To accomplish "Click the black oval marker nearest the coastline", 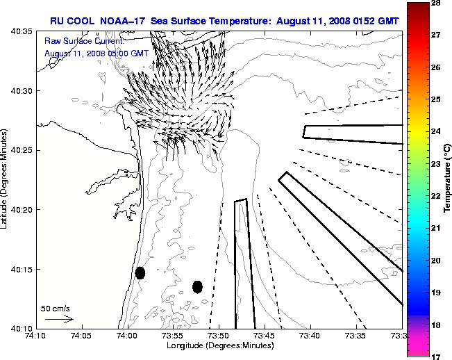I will (140, 272).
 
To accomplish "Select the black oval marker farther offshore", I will (197, 286).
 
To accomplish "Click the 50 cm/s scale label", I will (55, 308).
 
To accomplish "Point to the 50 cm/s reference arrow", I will (59, 319).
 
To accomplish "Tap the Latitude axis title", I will (5, 180).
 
